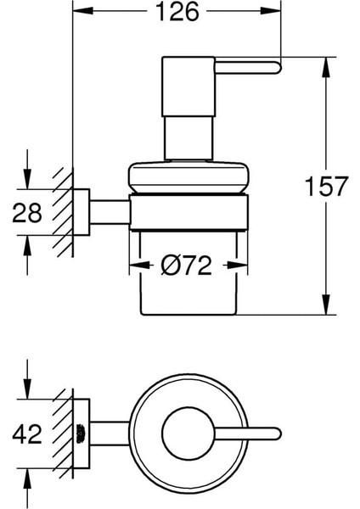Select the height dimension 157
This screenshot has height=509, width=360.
(x=330, y=187)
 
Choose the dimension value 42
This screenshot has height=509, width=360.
(x=28, y=435)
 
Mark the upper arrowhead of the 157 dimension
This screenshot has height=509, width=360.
(x=323, y=64)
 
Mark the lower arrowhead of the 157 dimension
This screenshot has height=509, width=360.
(x=323, y=309)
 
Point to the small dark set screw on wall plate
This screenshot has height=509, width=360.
(x=82, y=434)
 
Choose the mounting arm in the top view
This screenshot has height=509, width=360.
(x=110, y=434)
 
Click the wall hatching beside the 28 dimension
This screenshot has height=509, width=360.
(x=62, y=212)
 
